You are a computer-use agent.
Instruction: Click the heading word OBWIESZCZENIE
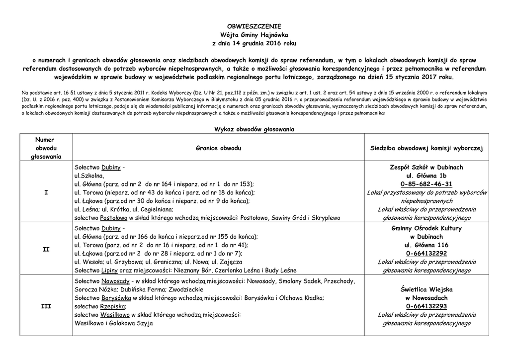tap(254, 26)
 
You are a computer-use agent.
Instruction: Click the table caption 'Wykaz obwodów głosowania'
tap(254, 129)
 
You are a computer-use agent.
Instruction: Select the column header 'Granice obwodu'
tap(219, 148)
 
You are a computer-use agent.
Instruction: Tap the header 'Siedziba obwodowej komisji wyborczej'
tap(427, 148)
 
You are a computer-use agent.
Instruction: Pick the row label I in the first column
tap(46, 192)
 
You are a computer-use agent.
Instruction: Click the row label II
tap(46, 249)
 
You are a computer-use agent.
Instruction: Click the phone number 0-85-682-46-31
tap(427, 184)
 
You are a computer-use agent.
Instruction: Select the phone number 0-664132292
tap(427, 253)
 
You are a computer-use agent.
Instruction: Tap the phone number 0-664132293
tap(427, 306)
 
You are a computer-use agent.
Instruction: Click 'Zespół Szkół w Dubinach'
tap(427, 168)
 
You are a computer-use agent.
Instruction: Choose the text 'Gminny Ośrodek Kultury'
tap(427, 228)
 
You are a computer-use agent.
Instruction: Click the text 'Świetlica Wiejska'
tap(427, 289)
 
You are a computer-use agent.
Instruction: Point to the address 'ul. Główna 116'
tap(427, 245)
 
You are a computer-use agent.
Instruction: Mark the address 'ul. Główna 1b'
tap(427, 176)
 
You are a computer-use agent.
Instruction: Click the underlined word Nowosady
tap(115, 281)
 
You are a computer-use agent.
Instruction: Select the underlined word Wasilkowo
tap(115, 315)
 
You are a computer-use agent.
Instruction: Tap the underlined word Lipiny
tap(109, 270)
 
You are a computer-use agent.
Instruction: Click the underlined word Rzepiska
tap(112, 306)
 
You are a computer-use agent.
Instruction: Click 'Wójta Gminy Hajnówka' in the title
tap(254, 35)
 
